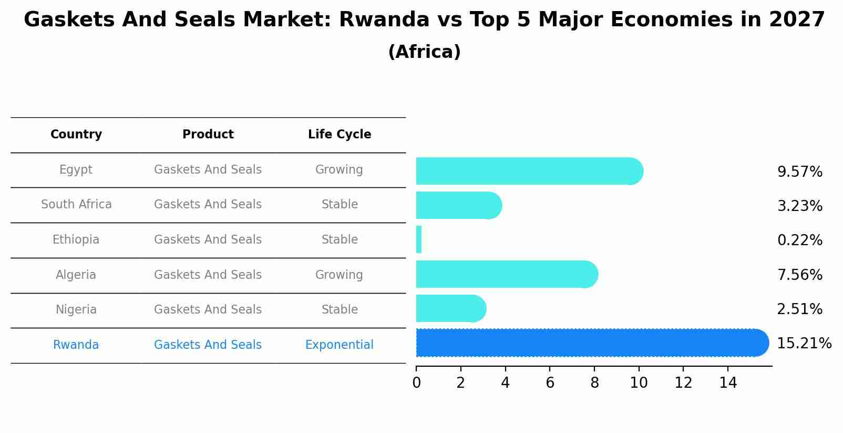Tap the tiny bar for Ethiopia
tap(419, 239)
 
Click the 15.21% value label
tap(804, 344)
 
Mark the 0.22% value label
tap(799, 240)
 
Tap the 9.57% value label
tap(799, 172)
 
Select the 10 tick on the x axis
tap(639, 383)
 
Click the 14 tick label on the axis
tap(728, 383)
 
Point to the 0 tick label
tap(416, 383)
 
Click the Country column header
tap(76, 135)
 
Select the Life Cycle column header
tap(340, 135)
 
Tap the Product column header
tap(208, 135)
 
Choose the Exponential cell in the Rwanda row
tap(339, 345)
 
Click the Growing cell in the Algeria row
tap(339, 275)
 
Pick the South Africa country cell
tap(76, 205)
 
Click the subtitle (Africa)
tap(424, 52)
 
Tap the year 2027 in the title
tap(797, 20)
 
